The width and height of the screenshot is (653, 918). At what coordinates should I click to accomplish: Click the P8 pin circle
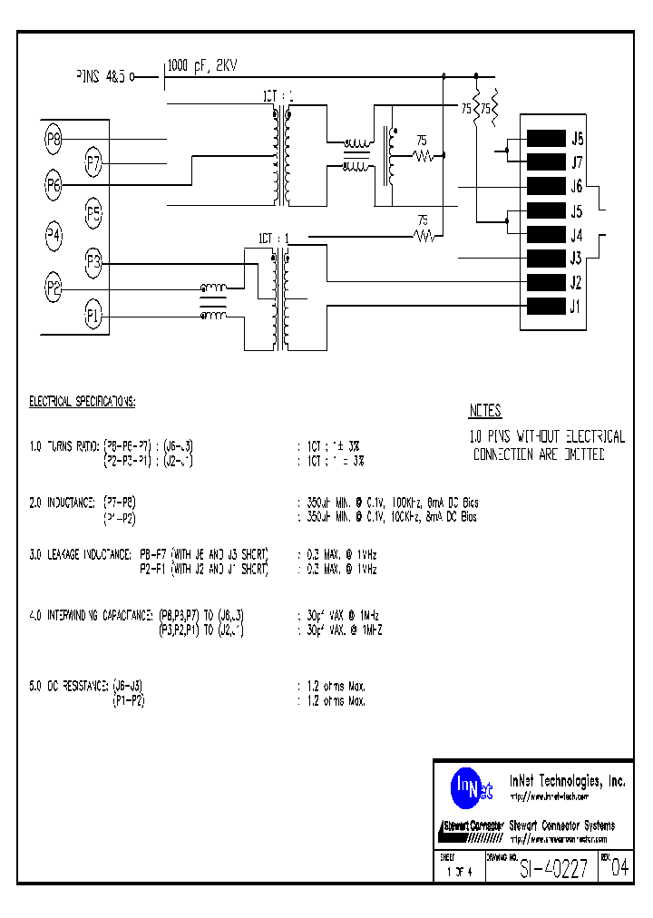(x=54, y=139)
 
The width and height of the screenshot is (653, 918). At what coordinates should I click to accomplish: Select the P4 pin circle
(x=54, y=236)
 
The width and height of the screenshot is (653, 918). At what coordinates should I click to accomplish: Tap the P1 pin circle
(x=93, y=316)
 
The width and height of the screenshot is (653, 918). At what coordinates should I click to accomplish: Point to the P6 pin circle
(x=54, y=185)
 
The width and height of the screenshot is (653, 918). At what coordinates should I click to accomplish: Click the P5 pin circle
(x=93, y=214)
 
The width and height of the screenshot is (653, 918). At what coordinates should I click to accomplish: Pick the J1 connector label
(x=575, y=306)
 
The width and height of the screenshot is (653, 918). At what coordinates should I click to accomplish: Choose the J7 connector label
(x=576, y=162)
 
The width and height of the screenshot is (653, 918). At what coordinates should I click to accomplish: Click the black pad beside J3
(x=546, y=258)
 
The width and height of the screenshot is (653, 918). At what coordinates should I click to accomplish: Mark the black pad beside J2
(x=546, y=281)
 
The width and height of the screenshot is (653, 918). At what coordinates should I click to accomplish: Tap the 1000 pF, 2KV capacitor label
(x=203, y=65)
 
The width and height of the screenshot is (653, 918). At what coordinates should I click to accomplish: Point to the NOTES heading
(x=485, y=411)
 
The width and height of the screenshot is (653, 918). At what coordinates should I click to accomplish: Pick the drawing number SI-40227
(x=553, y=869)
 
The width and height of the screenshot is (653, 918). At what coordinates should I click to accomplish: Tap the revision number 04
(x=620, y=870)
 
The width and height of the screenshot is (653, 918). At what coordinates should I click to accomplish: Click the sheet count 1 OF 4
(x=460, y=873)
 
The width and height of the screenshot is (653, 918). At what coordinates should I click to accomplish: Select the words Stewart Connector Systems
(x=562, y=825)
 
